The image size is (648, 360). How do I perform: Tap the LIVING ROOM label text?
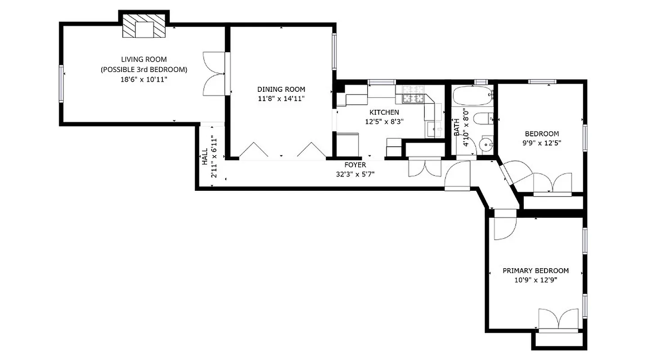click(x=144, y=59)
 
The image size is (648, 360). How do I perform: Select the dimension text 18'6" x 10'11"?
click(x=144, y=79)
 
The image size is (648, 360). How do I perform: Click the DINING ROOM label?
click(x=281, y=89)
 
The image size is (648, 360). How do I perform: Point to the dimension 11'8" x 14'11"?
click(x=281, y=99)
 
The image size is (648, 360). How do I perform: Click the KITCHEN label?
click(x=384, y=112)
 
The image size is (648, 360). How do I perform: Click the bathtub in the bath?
click(x=472, y=95)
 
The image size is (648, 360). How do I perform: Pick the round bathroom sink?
click(x=485, y=145)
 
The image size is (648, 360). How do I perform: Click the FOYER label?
click(x=355, y=165)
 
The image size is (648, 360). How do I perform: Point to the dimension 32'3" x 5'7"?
click(x=355, y=174)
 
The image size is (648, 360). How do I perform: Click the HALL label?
click(x=205, y=157)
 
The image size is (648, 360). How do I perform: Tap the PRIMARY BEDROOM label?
click(x=535, y=270)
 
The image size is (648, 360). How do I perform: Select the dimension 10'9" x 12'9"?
click(x=535, y=279)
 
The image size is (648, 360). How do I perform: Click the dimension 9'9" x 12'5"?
click(x=542, y=143)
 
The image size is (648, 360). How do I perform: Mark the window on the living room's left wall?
click(x=61, y=84)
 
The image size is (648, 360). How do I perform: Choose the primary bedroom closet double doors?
click(x=558, y=319)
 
